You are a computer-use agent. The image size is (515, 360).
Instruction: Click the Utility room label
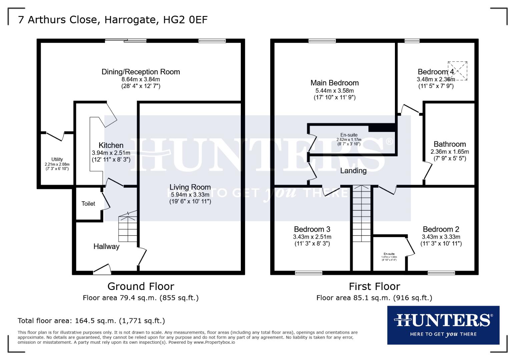(x=57, y=159)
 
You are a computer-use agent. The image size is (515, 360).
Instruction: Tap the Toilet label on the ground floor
(x=88, y=204)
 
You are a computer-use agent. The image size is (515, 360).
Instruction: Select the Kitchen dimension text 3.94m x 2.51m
(x=111, y=153)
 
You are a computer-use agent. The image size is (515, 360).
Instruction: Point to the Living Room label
(x=190, y=187)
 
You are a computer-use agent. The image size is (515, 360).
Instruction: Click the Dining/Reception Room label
(x=141, y=72)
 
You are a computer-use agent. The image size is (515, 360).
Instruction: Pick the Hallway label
(x=106, y=246)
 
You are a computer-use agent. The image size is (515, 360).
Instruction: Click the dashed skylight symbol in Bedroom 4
(x=457, y=71)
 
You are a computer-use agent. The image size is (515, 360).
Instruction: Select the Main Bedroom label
(x=335, y=83)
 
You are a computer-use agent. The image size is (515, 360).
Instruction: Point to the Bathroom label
(x=450, y=144)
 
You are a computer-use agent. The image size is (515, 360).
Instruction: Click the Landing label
(x=353, y=171)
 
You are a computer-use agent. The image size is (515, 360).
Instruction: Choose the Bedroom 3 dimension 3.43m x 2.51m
(x=312, y=237)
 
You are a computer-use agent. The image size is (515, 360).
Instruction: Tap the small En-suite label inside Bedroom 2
(x=389, y=254)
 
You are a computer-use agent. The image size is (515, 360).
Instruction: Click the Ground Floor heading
(x=141, y=286)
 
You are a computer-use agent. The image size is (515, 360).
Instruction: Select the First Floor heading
(x=374, y=286)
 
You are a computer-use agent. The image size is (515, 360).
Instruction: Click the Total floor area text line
(x=91, y=321)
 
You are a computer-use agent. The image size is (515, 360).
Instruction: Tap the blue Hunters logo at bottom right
(x=443, y=325)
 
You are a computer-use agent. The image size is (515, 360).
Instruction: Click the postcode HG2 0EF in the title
(x=185, y=20)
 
